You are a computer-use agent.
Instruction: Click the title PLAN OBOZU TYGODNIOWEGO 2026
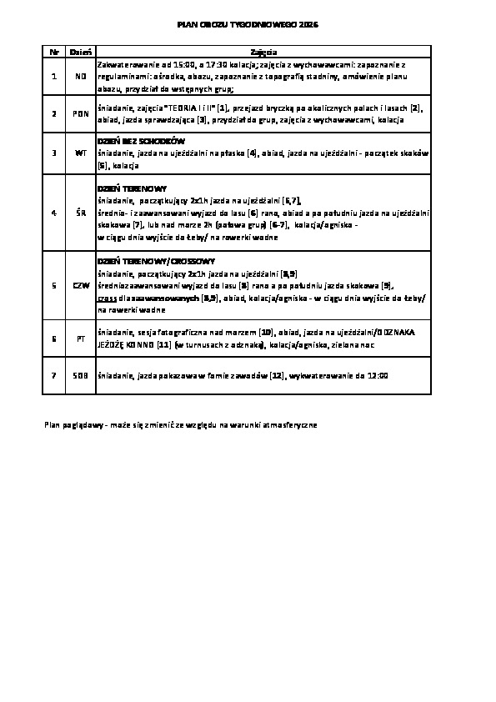tap(248, 26)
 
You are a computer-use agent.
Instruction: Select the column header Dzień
tap(81, 52)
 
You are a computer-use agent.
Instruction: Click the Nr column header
tap(54, 52)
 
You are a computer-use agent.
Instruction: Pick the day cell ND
tap(81, 76)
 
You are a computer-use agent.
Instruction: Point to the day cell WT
tap(81, 153)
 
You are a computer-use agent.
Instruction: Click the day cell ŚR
tap(81, 213)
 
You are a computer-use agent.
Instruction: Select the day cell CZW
tap(81, 284)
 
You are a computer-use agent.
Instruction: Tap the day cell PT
tap(81, 339)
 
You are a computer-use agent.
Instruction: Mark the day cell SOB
tap(81, 376)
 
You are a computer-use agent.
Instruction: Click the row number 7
tap(53, 376)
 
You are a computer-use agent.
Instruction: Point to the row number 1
tap(53, 76)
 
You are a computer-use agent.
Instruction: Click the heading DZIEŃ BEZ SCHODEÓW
tap(141, 141)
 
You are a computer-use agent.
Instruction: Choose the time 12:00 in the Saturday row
tap(376, 376)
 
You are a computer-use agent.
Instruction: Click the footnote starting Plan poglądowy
tap(180, 424)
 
